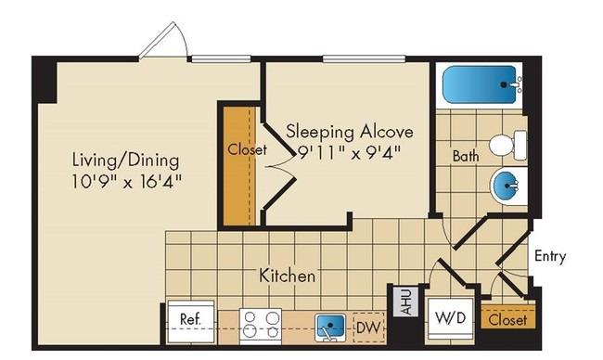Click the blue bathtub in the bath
click(480, 84)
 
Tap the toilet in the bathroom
click(507, 145)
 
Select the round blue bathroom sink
click(506, 186)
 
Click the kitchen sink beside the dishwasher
click(330, 328)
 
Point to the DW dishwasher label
click(368, 328)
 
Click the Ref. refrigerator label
click(190, 319)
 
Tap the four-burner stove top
click(261, 324)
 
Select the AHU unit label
click(406, 302)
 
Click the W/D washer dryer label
click(450, 317)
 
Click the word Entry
click(550, 256)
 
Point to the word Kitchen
click(287, 276)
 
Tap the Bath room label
click(466, 156)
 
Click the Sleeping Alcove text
click(350, 132)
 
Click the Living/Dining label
click(126, 161)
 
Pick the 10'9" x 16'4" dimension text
click(126, 182)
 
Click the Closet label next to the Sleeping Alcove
click(247, 149)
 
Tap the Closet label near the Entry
click(507, 320)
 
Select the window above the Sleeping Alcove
click(364, 58)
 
